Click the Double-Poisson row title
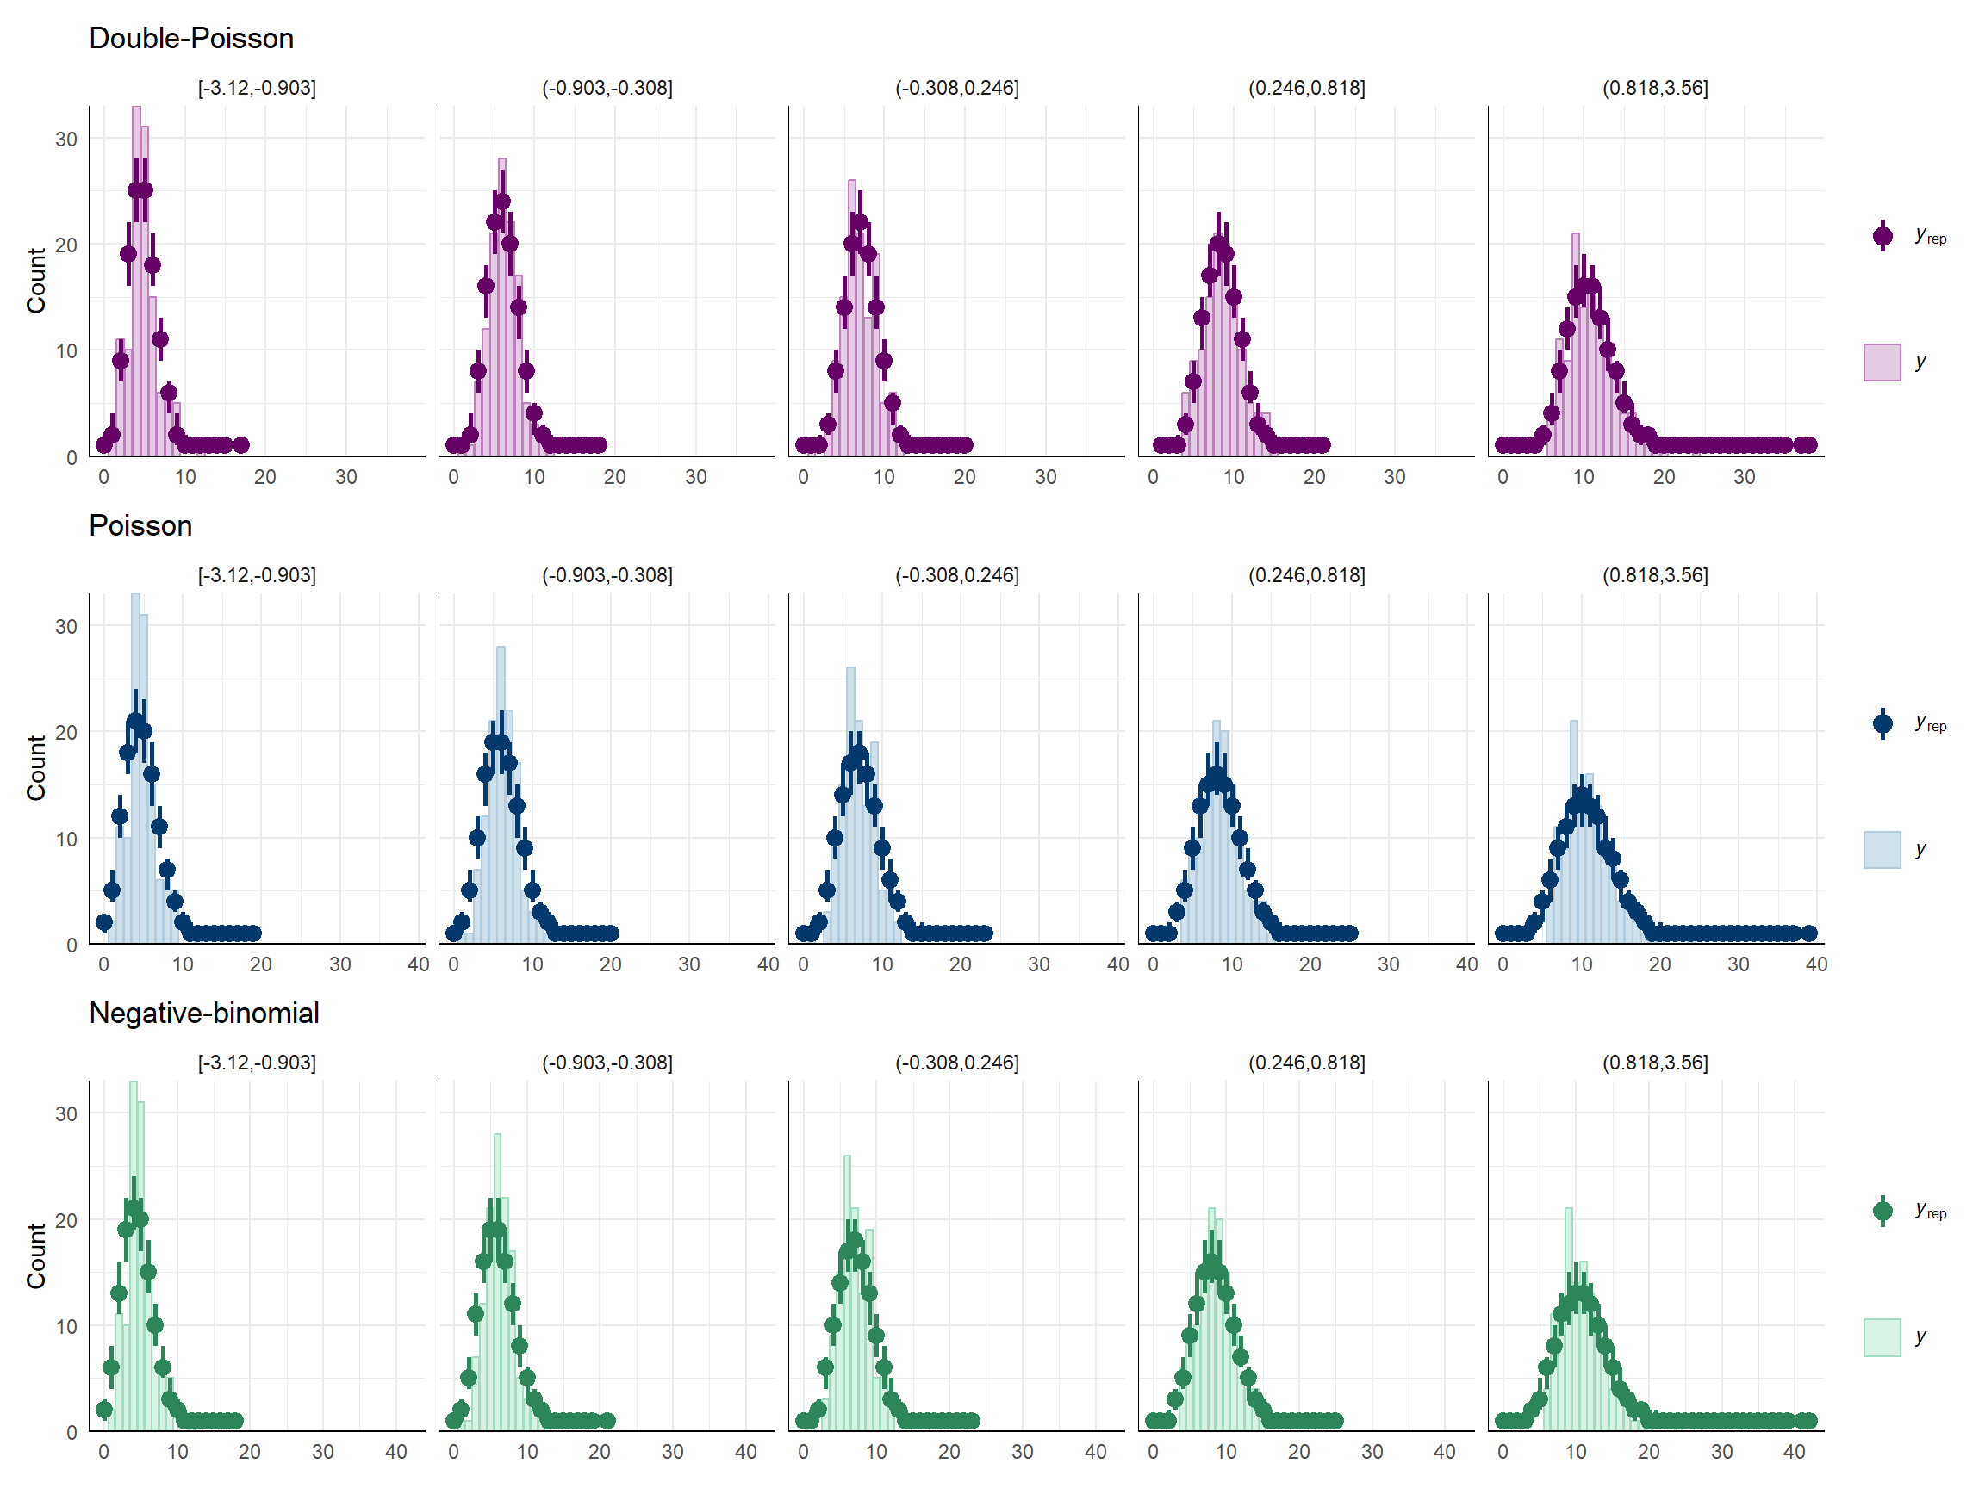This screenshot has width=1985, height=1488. (191, 39)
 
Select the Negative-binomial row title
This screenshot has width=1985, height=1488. (203, 1013)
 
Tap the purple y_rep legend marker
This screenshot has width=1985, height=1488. (1882, 237)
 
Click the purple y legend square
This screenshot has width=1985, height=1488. (1882, 363)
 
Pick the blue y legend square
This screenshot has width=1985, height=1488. (1882, 849)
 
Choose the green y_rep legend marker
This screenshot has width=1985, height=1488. (1882, 1211)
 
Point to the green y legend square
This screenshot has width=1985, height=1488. (1882, 1336)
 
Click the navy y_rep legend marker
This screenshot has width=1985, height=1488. (1882, 724)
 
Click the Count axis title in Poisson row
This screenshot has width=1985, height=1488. (36, 768)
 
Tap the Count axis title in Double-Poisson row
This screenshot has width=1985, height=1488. (36, 281)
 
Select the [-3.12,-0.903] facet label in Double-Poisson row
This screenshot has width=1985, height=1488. (257, 88)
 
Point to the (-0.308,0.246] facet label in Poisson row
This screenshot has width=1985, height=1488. (956, 575)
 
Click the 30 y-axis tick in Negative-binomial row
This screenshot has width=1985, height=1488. (66, 1114)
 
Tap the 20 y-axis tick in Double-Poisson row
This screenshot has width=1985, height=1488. (66, 245)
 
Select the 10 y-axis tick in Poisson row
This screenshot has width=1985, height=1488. (66, 839)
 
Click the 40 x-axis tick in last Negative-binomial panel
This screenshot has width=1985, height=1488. (1794, 1452)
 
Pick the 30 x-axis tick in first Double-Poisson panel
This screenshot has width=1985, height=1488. (346, 477)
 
